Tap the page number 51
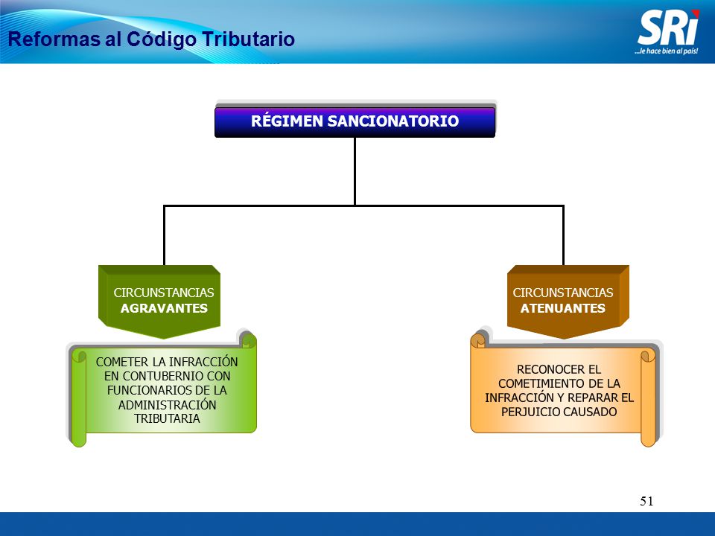click(x=646, y=501)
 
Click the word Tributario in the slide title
click(x=249, y=39)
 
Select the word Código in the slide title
click(x=162, y=39)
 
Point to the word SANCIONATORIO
click(x=393, y=121)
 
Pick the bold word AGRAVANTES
click(x=164, y=308)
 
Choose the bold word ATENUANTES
click(x=563, y=308)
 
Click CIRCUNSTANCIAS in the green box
click(x=164, y=293)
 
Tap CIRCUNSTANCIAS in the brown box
click(x=563, y=293)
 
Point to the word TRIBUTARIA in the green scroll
click(x=167, y=419)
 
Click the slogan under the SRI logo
click(x=666, y=51)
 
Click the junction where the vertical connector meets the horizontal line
click(x=355, y=205)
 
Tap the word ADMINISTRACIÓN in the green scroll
click(x=167, y=405)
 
